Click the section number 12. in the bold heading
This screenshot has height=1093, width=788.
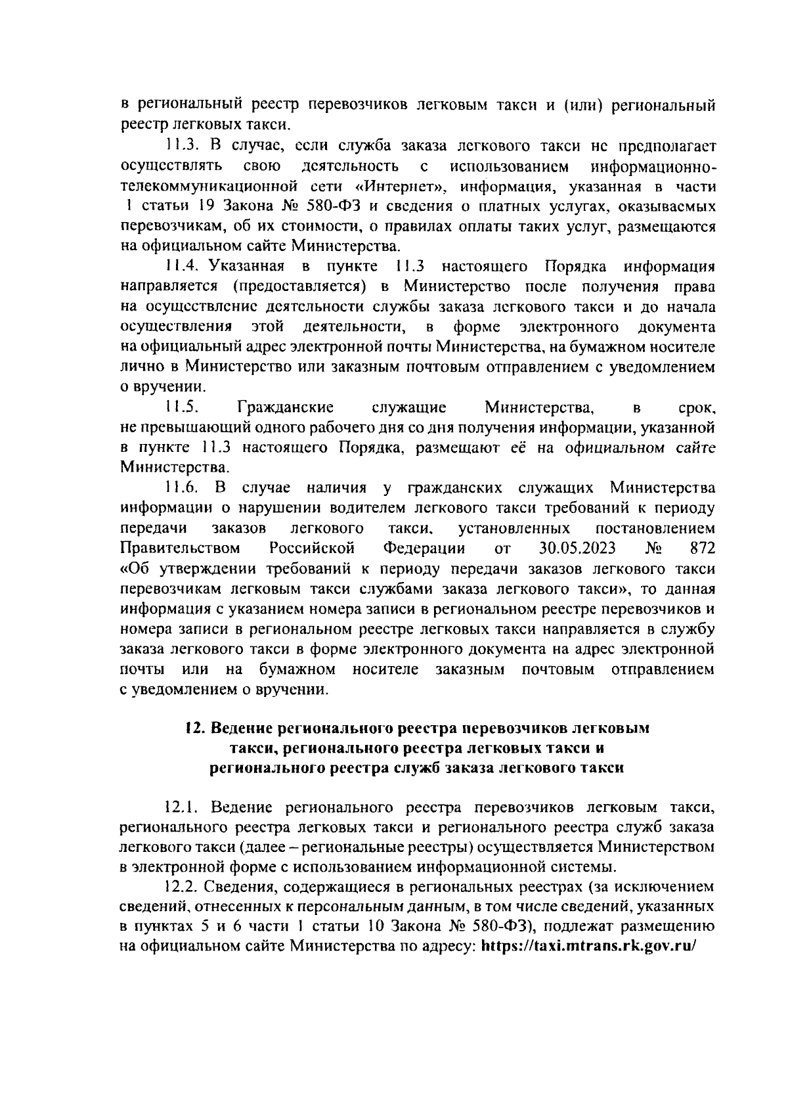pos(191,728)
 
